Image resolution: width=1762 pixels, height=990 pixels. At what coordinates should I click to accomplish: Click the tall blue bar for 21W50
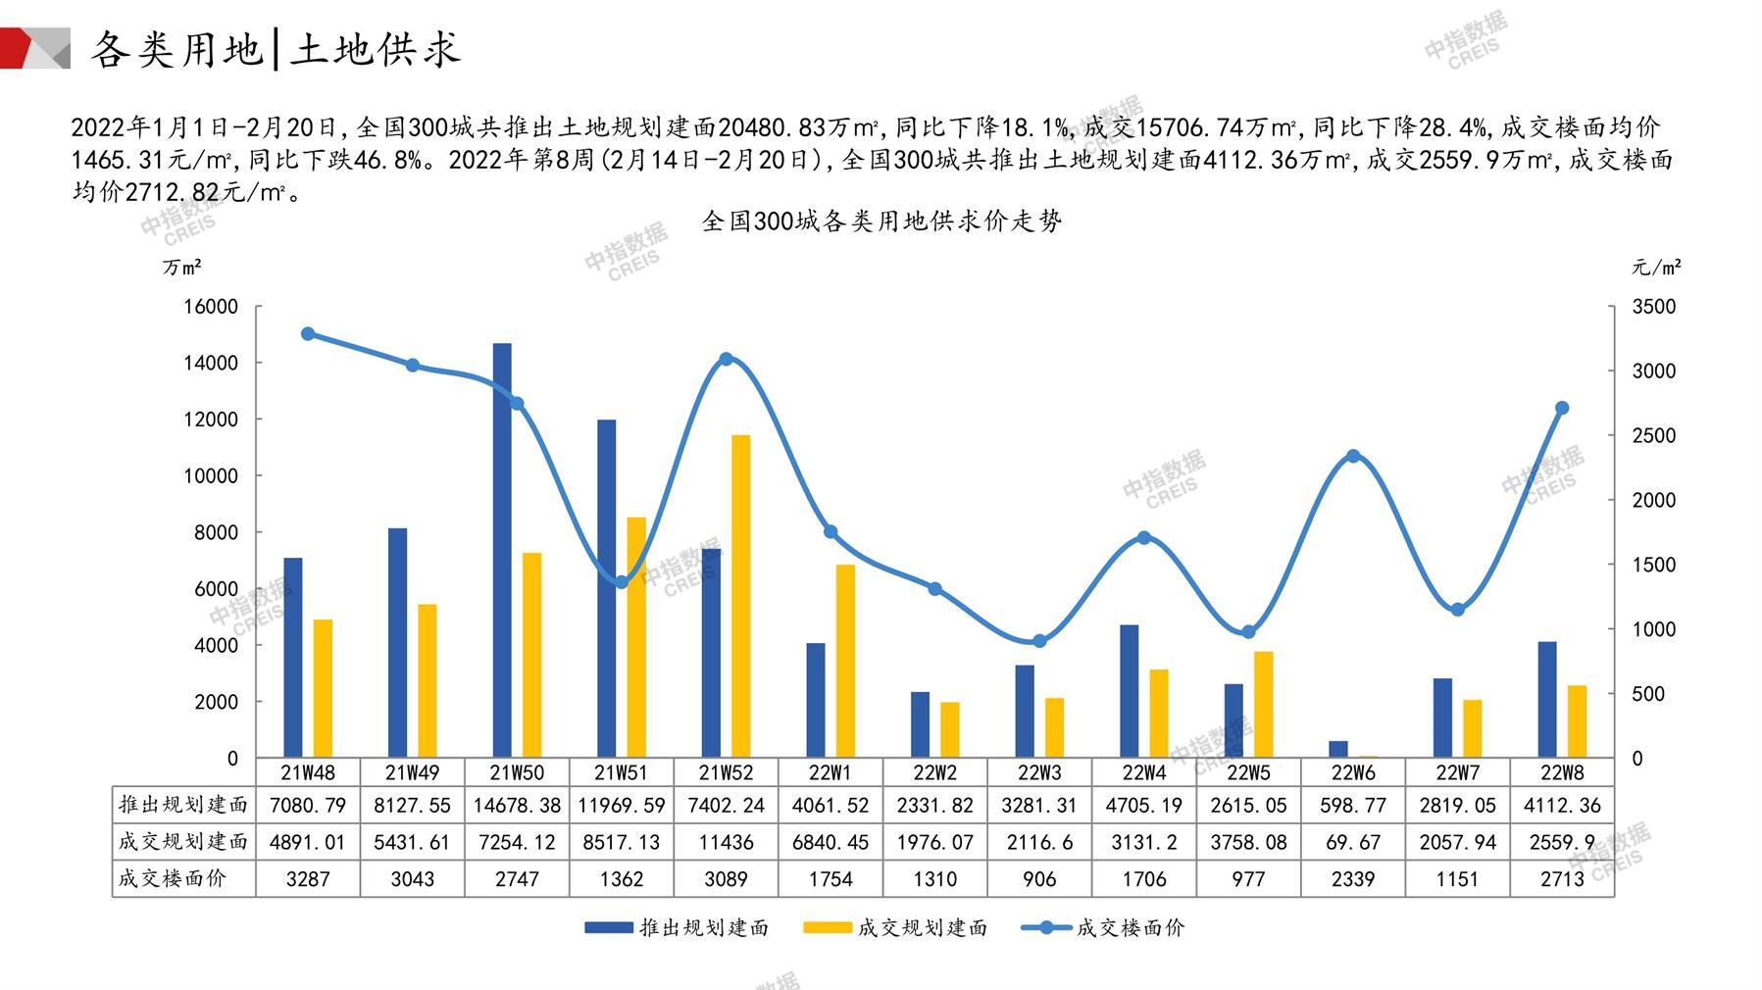pyautogui.click(x=502, y=549)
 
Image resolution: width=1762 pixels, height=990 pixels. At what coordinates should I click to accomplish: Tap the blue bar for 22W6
pyautogui.click(x=1338, y=749)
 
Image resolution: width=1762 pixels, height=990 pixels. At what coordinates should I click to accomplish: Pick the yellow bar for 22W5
pyautogui.click(x=1264, y=704)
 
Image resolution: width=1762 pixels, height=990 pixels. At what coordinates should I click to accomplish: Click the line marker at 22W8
pyautogui.click(x=1562, y=408)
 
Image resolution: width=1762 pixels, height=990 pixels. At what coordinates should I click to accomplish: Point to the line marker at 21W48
pyautogui.click(x=308, y=333)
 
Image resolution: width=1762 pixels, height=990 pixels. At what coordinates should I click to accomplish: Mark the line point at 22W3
pyautogui.click(x=1039, y=641)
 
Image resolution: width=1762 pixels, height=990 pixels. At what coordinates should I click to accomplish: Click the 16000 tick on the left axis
pyautogui.click(x=211, y=307)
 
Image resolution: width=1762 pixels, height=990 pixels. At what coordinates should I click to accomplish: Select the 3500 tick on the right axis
pyautogui.click(x=1653, y=307)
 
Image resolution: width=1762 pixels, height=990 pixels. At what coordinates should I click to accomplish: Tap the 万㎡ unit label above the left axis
pyautogui.click(x=182, y=267)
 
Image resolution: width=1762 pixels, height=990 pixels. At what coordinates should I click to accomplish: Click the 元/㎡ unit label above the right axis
pyautogui.click(x=1656, y=267)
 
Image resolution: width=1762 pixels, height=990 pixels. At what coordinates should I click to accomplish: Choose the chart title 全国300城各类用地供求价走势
pyautogui.click(x=881, y=222)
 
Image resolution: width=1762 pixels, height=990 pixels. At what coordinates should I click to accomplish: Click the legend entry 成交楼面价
pyautogui.click(x=1130, y=927)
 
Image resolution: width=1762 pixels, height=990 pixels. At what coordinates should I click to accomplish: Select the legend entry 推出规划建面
pyautogui.click(x=703, y=927)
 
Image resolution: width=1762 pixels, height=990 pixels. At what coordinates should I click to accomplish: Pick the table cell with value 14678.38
pyautogui.click(x=517, y=805)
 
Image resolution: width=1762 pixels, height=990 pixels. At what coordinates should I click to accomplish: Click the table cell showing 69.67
pyautogui.click(x=1353, y=842)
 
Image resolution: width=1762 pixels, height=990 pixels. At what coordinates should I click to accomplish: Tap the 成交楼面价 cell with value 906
pyautogui.click(x=1039, y=879)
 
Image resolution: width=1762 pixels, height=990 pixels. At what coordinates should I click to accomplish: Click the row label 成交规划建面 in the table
pyautogui.click(x=183, y=842)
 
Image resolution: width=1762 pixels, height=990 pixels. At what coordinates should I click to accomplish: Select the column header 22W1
pyautogui.click(x=831, y=772)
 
